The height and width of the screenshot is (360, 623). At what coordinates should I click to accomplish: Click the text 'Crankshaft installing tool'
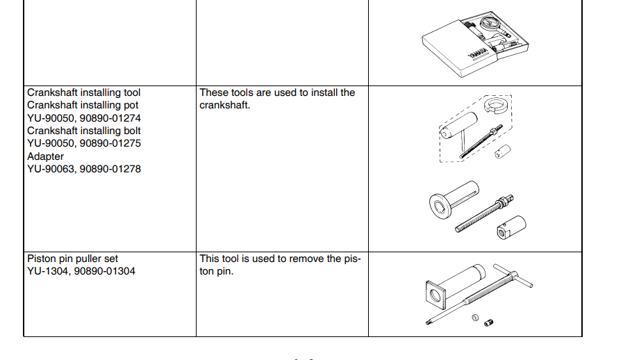coord(84,92)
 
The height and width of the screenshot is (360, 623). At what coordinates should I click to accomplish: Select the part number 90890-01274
coord(110,118)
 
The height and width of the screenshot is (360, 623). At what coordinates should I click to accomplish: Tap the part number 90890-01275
coord(110,143)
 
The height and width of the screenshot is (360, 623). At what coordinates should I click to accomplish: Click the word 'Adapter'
coord(45,156)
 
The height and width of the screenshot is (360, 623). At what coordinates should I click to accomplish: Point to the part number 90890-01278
coord(110,169)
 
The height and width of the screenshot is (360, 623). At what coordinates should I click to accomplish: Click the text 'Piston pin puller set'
coord(73,259)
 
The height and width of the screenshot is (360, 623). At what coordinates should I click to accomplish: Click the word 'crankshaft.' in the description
coord(225,106)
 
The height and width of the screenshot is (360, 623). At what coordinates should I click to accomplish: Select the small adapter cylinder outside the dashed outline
coord(503,152)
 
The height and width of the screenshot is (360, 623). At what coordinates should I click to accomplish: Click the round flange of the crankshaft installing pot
coord(440,206)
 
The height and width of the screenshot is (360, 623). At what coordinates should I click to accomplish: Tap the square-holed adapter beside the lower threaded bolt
coord(511,227)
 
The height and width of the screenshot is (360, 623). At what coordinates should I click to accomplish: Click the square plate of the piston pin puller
coord(435,296)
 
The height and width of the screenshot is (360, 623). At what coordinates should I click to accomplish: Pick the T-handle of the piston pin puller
coord(513,275)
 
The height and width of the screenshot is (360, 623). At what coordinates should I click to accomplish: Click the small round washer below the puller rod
coord(475,318)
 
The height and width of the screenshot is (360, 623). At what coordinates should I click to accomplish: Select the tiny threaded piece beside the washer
coord(489,322)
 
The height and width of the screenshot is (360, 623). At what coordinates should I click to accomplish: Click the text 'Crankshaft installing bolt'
coord(84,131)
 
